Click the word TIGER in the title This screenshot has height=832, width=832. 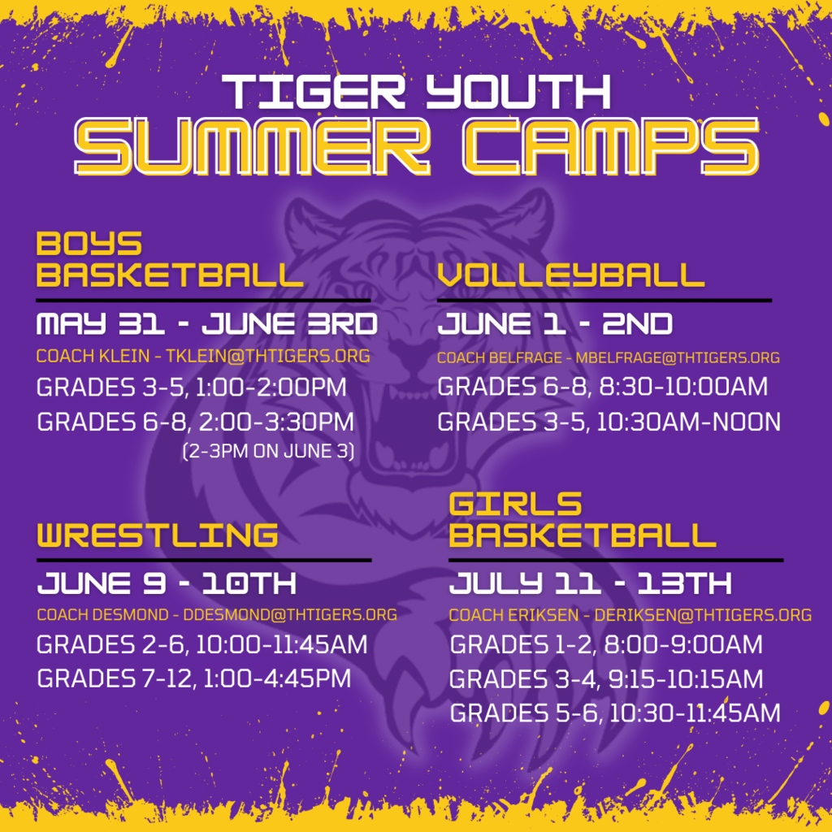click(314, 92)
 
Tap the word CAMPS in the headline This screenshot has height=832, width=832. click(611, 146)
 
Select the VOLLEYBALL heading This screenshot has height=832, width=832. click(571, 275)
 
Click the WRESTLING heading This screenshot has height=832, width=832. click(158, 535)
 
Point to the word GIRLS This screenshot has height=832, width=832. click(515, 504)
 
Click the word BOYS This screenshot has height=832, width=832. click(89, 244)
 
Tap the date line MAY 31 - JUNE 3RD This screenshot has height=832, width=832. click(207, 323)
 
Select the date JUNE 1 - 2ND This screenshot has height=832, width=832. click(555, 323)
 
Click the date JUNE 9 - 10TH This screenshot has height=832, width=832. click(167, 583)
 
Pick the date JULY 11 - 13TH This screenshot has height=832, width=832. click(591, 583)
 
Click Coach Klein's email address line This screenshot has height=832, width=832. click(203, 356)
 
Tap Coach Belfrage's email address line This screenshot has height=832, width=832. click(609, 357)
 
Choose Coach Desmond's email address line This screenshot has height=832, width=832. click(217, 614)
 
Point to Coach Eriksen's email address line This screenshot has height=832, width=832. click(630, 615)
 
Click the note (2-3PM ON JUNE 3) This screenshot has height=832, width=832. click(268, 451)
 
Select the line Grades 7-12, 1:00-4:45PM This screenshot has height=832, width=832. click(194, 678)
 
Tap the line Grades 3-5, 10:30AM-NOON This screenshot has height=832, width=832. click(609, 422)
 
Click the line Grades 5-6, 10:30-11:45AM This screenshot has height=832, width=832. click(615, 713)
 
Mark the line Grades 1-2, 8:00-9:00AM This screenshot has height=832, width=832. click(606, 644)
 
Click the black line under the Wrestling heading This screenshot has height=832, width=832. click(204, 560)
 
